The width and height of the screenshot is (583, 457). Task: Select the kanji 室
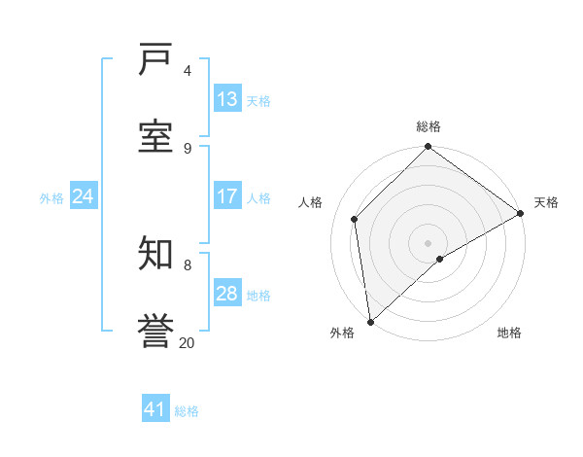[156, 137]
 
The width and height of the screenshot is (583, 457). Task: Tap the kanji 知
[156, 254]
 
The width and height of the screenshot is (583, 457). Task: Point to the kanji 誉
[156, 331]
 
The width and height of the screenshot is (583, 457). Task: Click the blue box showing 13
[227, 99]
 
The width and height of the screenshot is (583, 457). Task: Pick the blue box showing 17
[227, 196]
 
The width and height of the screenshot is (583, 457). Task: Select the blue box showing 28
[227, 294]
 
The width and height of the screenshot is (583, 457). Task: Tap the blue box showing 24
[84, 196]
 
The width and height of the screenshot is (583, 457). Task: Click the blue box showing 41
[155, 409]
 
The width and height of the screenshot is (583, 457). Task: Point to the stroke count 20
[187, 342]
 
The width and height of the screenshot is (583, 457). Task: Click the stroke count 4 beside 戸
[188, 70]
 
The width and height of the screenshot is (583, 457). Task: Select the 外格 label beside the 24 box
[51, 197]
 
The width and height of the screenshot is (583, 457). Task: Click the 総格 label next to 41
[187, 411]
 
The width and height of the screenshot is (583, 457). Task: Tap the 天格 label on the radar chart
[546, 202]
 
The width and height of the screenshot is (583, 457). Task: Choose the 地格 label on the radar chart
[509, 333]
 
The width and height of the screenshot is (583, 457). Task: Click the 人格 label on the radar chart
[310, 202]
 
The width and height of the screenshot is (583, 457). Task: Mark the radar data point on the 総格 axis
[428, 148]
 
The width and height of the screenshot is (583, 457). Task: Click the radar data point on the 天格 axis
[520, 213]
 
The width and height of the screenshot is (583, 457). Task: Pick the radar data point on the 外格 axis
[370, 321]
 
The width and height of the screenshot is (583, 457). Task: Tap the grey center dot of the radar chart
[428, 242]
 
